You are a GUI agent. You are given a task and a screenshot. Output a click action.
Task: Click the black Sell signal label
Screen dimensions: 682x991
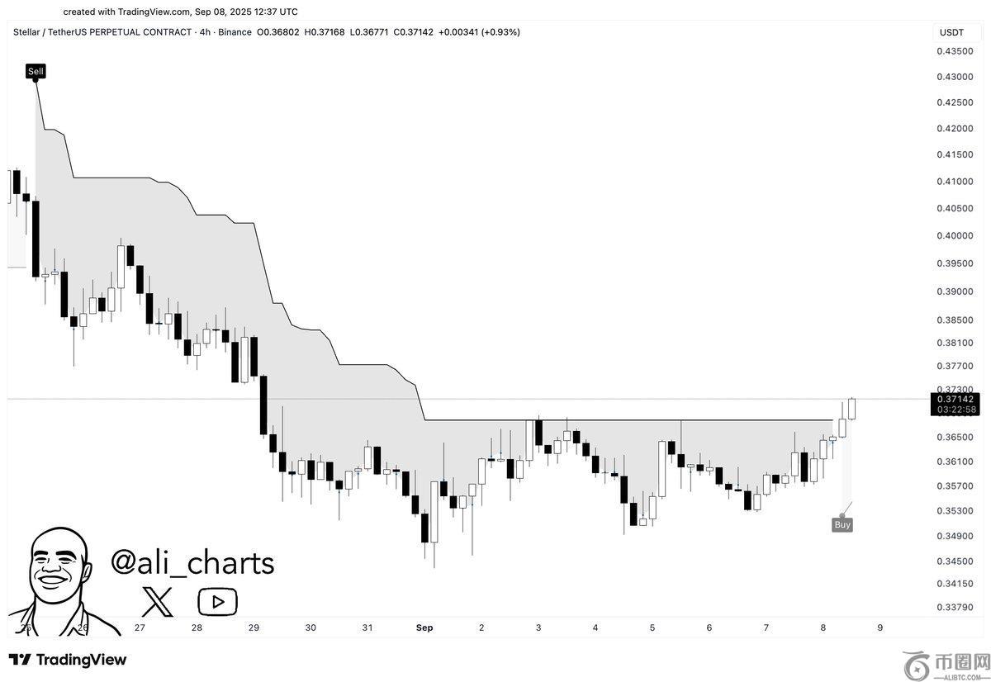36,71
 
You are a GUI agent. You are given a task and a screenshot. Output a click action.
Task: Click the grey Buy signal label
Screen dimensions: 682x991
842,524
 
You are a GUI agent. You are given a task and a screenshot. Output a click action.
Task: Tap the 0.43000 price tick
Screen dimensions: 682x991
954,77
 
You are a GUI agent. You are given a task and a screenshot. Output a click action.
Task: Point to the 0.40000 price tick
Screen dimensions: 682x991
954,236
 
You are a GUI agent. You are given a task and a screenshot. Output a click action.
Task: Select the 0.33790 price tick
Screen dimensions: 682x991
954,608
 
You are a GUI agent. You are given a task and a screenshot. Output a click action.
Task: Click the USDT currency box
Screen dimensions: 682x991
951,32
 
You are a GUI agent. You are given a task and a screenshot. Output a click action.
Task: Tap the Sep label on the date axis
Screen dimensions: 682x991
424,628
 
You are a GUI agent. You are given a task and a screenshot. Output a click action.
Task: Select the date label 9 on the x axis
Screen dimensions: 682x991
880,628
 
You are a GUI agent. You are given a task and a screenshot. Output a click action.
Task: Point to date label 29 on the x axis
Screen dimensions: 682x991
254,628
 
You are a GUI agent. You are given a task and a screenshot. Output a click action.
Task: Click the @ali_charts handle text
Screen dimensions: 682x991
192,562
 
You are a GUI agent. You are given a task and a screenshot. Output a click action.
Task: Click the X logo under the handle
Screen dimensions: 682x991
157,601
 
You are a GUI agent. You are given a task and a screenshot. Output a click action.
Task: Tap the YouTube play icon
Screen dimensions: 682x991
217,601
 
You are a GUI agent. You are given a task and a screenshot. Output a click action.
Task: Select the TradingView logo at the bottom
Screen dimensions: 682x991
68,660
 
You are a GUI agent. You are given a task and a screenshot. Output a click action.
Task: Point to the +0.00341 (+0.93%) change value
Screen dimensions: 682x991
479,32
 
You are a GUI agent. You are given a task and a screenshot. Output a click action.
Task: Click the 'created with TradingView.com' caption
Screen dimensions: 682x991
180,12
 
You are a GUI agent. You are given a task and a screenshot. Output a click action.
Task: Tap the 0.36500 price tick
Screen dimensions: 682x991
954,437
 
